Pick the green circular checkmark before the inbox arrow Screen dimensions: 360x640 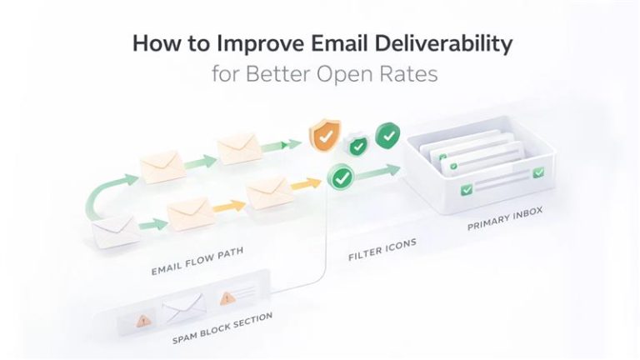341,177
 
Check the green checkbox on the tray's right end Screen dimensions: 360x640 538,172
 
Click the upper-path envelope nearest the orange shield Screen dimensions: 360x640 241,147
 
